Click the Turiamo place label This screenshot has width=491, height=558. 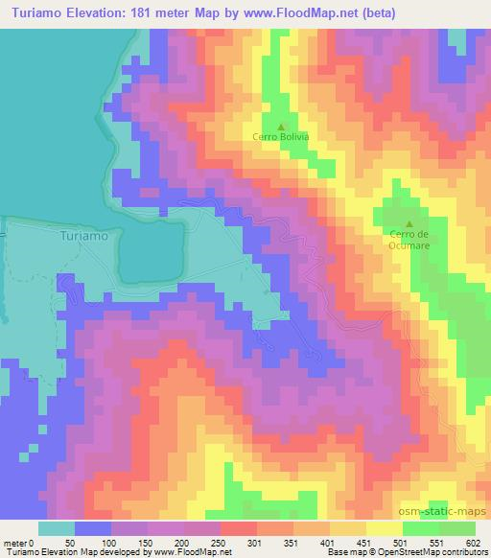tap(84, 234)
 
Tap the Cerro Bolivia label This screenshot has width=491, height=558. tap(280, 137)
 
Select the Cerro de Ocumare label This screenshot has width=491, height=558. tap(408, 239)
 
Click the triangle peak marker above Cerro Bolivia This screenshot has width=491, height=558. tap(280, 126)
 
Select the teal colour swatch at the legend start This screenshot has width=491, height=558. tap(58, 527)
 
